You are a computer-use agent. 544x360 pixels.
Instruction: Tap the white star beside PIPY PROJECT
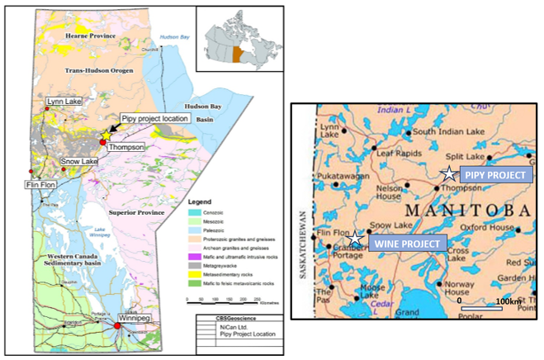(447, 174)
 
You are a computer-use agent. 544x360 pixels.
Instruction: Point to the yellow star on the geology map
(106, 134)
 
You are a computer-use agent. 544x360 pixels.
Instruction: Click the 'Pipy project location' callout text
(155, 119)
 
